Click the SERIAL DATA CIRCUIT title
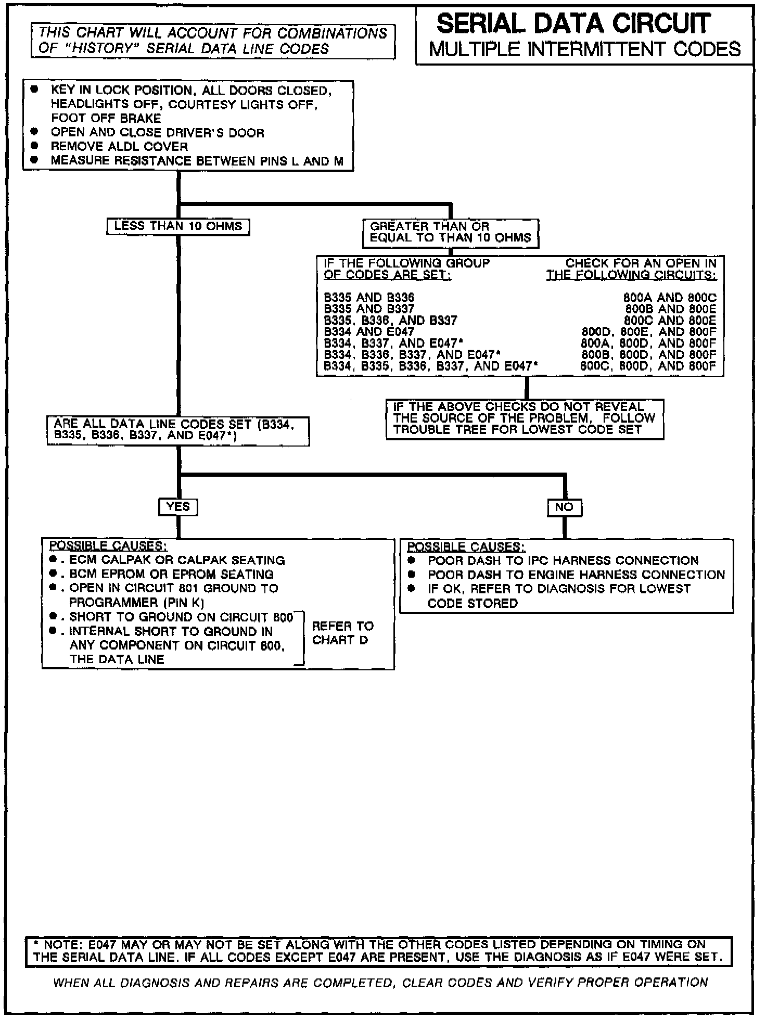point(573,23)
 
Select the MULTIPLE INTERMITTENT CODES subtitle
point(584,49)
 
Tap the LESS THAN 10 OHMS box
point(178,226)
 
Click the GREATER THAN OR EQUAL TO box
point(450,233)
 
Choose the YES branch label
point(178,506)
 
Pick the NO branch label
point(564,507)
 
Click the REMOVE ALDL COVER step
point(119,147)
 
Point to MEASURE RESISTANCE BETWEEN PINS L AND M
point(197,161)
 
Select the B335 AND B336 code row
point(369,298)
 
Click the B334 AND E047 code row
point(369,332)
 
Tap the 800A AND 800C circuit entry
point(670,298)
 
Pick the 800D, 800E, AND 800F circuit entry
point(648,332)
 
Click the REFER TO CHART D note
point(342,633)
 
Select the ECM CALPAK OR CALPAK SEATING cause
point(177,561)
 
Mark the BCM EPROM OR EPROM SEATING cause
point(171,575)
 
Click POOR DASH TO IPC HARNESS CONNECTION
point(563,561)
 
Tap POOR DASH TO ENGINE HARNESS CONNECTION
point(576,575)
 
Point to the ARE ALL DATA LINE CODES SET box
point(177,430)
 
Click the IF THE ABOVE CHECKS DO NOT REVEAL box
point(524,418)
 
